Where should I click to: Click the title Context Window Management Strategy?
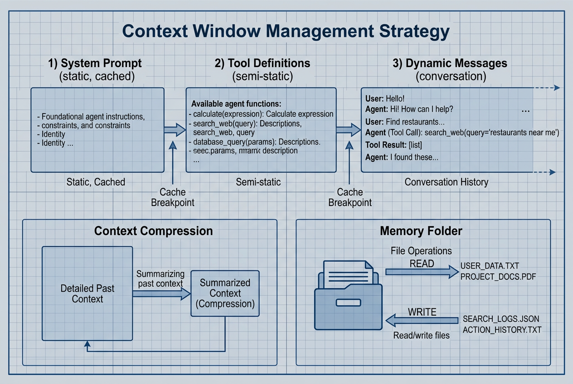tap(286, 32)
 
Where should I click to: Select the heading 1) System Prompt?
tap(95, 63)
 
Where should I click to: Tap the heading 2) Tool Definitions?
tap(262, 63)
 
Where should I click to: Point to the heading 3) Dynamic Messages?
tap(450, 63)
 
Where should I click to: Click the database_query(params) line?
tap(254, 142)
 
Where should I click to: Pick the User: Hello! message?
tap(385, 98)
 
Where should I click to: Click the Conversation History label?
tap(446, 182)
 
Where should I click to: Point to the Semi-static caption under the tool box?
tap(258, 182)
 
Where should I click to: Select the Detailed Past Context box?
tap(87, 294)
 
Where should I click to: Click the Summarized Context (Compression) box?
tap(225, 293)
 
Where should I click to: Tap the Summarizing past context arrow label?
tap(160, 278)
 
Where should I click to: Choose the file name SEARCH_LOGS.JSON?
tap(501, 319)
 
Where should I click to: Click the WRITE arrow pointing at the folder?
tap(422, 321)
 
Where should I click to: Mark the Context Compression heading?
tap(153, 230)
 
